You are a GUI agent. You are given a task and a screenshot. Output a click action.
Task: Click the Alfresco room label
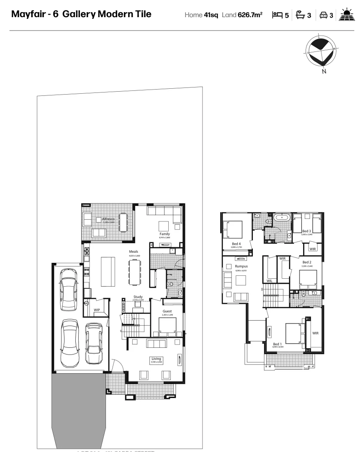pos(108,218)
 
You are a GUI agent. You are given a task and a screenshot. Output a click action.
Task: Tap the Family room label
pos(164,234)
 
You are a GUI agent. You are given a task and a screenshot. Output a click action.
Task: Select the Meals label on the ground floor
pos(134,252)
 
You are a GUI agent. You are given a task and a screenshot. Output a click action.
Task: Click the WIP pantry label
pos(97,310)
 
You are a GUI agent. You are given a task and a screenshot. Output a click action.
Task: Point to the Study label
pos(138,297)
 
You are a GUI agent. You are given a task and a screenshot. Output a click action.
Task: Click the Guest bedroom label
pos(167,311)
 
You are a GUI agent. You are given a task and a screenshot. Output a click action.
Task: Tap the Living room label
pos(156,359)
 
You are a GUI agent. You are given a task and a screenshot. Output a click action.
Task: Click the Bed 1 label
pos(278,344)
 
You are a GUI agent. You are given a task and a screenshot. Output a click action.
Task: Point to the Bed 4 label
pos(237,243)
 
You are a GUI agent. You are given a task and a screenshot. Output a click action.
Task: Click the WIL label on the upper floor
pos(270,280)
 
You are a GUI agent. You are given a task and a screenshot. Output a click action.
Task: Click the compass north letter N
pos(324,72)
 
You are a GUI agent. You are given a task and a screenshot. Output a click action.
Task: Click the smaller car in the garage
pos(93,343)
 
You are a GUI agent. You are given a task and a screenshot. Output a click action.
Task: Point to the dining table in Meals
pos(135,272)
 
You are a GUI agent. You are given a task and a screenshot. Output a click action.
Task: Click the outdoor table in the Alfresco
pos(123,222)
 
